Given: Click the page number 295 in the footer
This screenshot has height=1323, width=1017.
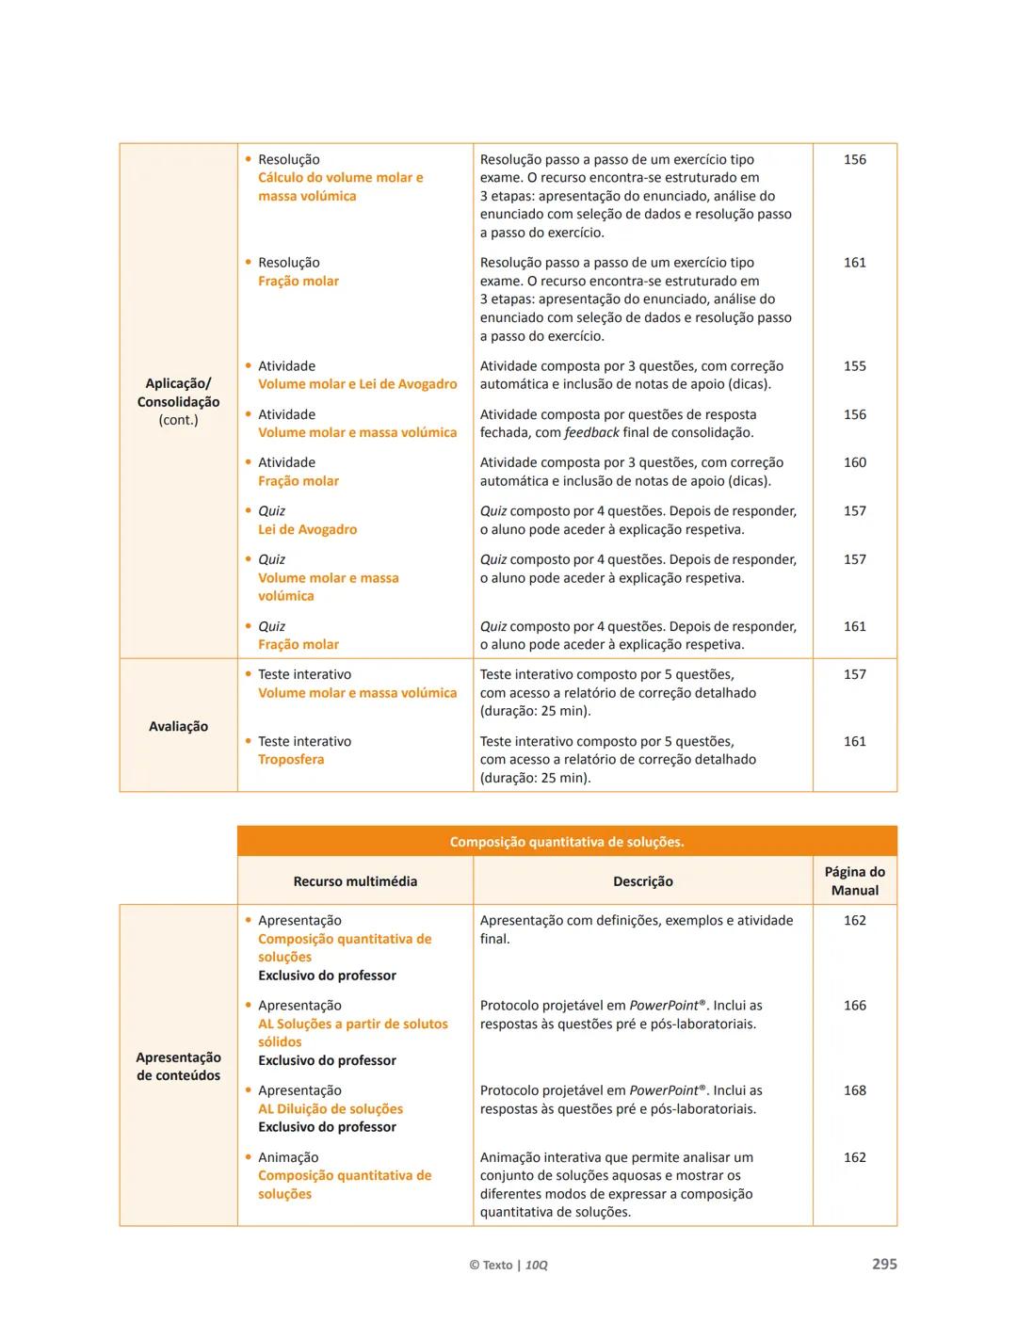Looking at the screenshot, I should pyautogui.click(x=884, y=1264).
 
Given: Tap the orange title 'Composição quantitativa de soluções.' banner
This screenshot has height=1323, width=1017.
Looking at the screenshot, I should pyautogui.click(x=567, y=842).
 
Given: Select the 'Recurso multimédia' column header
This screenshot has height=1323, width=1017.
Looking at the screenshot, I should pyautogui.click(x=355, y=881).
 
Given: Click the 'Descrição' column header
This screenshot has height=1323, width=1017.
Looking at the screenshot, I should pyautogui.click(x=643, y=881).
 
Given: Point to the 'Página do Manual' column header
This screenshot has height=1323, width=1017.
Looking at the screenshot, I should pyautogui.click(x=854, y=881).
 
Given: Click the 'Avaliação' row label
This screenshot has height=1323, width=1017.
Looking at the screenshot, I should pyautogui.click(x=178, y=726).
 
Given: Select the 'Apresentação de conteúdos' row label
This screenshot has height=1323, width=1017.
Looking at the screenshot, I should pyautogui.click(x=178, y=1066).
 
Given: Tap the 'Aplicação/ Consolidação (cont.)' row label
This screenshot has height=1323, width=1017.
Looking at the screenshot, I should pyautogui.click(x=178, y=401).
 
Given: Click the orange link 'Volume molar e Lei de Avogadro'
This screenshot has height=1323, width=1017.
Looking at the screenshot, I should pyautogui.click(x=357, y=384).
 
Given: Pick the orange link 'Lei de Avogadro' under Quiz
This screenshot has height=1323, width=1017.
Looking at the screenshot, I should pyautogui.click(x=307, y=529).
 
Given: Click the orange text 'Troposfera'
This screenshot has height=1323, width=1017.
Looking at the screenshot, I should pyautogui.click(x=291, y=759).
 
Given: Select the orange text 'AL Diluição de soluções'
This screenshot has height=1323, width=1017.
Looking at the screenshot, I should pyautogui.click(x=331, y=1108).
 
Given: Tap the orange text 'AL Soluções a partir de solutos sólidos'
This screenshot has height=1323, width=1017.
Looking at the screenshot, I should pyautogui.click(x=352, y=1033).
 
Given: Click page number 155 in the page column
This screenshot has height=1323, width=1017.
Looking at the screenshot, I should pyautogui.click(x=854, y=366).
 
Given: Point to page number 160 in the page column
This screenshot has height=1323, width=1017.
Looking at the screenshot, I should pyautogui.click(x=854, y=462).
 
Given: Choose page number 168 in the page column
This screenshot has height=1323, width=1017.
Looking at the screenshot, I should pyautogui.click(x=854, y=1090).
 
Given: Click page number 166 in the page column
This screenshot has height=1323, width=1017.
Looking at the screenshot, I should pyautogui.click(x=854, y=1006).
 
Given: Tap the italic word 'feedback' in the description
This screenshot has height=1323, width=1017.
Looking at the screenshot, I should pyautogui.click(x=591, y=432).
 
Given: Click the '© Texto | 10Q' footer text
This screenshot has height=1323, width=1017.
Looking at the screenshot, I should pyautogui.click(x=508, y=1265).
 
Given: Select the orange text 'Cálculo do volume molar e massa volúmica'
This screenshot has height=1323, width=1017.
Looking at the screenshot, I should pyautogui.click(x=340, y=186).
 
